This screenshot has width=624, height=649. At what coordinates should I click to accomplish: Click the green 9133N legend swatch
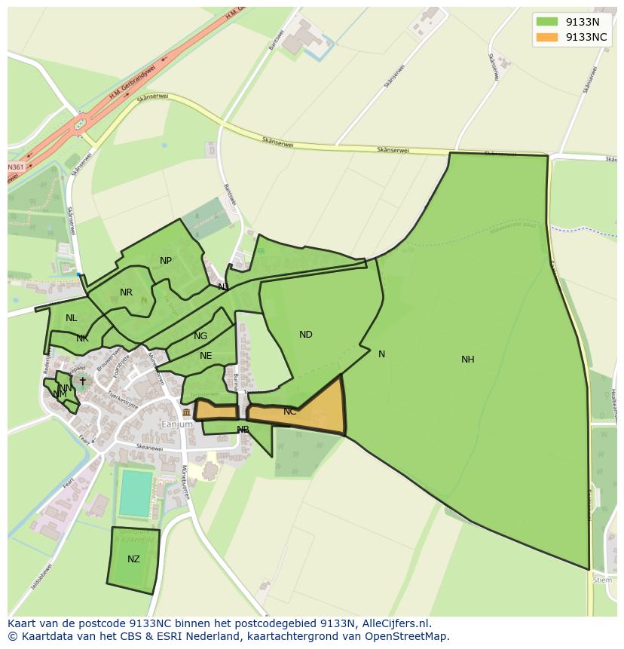tap(547, 22)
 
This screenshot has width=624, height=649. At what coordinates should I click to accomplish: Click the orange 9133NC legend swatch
tap(547, 37)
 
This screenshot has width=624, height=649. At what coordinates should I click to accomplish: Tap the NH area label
tap(468, 360)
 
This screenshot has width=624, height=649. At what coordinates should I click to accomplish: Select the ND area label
tap(305, 335)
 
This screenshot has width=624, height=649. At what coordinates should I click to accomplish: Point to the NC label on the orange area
tap(290, 412)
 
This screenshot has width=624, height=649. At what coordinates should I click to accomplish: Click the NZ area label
tap(133, 559)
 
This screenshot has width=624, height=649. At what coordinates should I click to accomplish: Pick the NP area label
tap(166, 261)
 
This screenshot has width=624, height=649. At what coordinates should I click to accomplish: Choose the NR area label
tap(126, 292)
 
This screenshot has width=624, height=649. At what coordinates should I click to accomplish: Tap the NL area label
tap(72, 318)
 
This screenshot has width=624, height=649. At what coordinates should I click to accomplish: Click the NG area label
tap(200, 336)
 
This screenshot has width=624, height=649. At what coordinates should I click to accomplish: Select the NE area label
tap(206, 356)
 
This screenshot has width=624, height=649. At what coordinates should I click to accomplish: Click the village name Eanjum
tap(177, 424)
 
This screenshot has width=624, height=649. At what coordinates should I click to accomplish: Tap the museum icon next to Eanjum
tap(186, 413)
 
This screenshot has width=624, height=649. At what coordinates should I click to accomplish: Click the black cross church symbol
tap(83, 381)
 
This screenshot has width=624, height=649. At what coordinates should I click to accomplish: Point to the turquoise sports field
tap(136, 493)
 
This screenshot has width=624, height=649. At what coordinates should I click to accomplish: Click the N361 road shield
tap(15, 167)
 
